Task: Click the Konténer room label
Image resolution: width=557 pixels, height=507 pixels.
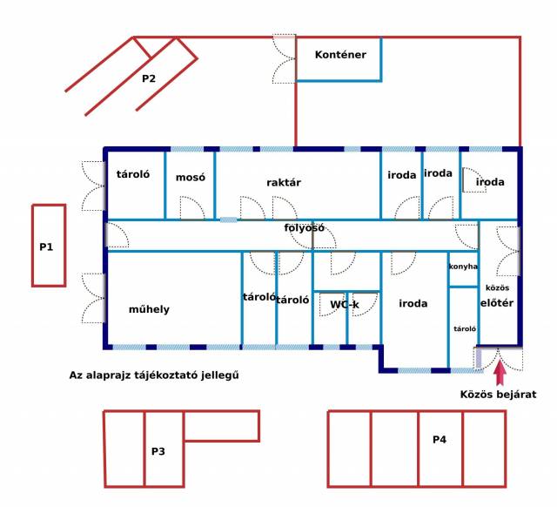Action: (x=340, y=55)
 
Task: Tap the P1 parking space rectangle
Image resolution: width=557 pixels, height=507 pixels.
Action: (x=33, y=246)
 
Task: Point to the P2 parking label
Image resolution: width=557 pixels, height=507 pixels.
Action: (x=149, y=78)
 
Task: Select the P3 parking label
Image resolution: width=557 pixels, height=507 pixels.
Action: (x=158, y=451)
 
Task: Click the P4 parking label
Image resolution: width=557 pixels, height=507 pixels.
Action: (x=440, y=440)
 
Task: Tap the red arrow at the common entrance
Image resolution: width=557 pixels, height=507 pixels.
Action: (x=500, y=372)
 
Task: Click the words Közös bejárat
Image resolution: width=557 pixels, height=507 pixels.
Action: (x=498, y=395)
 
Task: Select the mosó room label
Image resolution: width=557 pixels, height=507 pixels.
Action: (x=191, y=177)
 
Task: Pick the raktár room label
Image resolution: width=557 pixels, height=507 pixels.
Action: (x=284, y=182)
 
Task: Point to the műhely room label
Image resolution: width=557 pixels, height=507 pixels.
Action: (x=149, y=309)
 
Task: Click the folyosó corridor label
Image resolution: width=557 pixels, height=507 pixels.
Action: (x=304, y=228)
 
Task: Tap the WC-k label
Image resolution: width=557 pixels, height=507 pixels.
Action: (x=345, y=305)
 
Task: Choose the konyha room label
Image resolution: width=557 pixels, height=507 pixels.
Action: (x=463, y=267)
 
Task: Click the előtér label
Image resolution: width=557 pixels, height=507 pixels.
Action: (x=497, y=303)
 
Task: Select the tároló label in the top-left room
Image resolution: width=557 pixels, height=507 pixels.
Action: (x=133, y=174)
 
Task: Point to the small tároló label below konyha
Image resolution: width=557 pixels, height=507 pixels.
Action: (x=465, y=329)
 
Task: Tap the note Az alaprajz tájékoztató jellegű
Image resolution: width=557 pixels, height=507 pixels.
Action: (x=154, y=375)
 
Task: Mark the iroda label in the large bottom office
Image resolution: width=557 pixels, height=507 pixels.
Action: (x=413, y=303)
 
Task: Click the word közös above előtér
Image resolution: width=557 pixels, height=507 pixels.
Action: (x=497, y=287)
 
